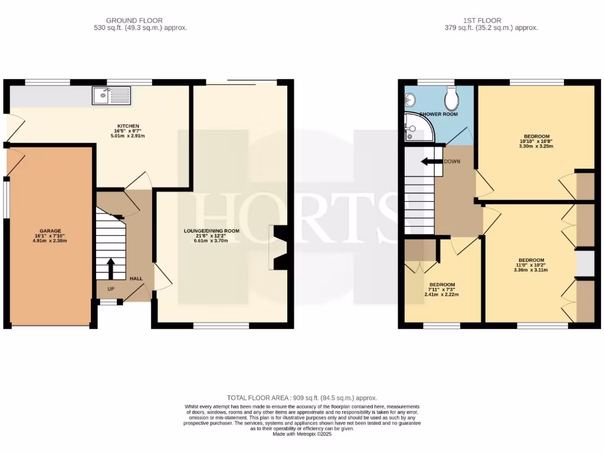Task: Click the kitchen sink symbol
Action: tap(112, 95)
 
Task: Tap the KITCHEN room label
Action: tap(128, 126)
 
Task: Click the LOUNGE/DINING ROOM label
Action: tap(211, 231)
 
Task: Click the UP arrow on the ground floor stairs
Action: tap(110, 268)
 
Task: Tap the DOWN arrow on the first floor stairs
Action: tap(431, 162)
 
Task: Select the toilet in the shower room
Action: tap(452, 100)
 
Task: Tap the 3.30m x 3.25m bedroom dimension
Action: tap(536, 146)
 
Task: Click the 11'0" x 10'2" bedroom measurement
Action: tap(531, 265)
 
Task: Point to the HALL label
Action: tap(136, 278)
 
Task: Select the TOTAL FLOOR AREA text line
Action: tap(302, 398)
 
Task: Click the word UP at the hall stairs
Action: tap(110, 289)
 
